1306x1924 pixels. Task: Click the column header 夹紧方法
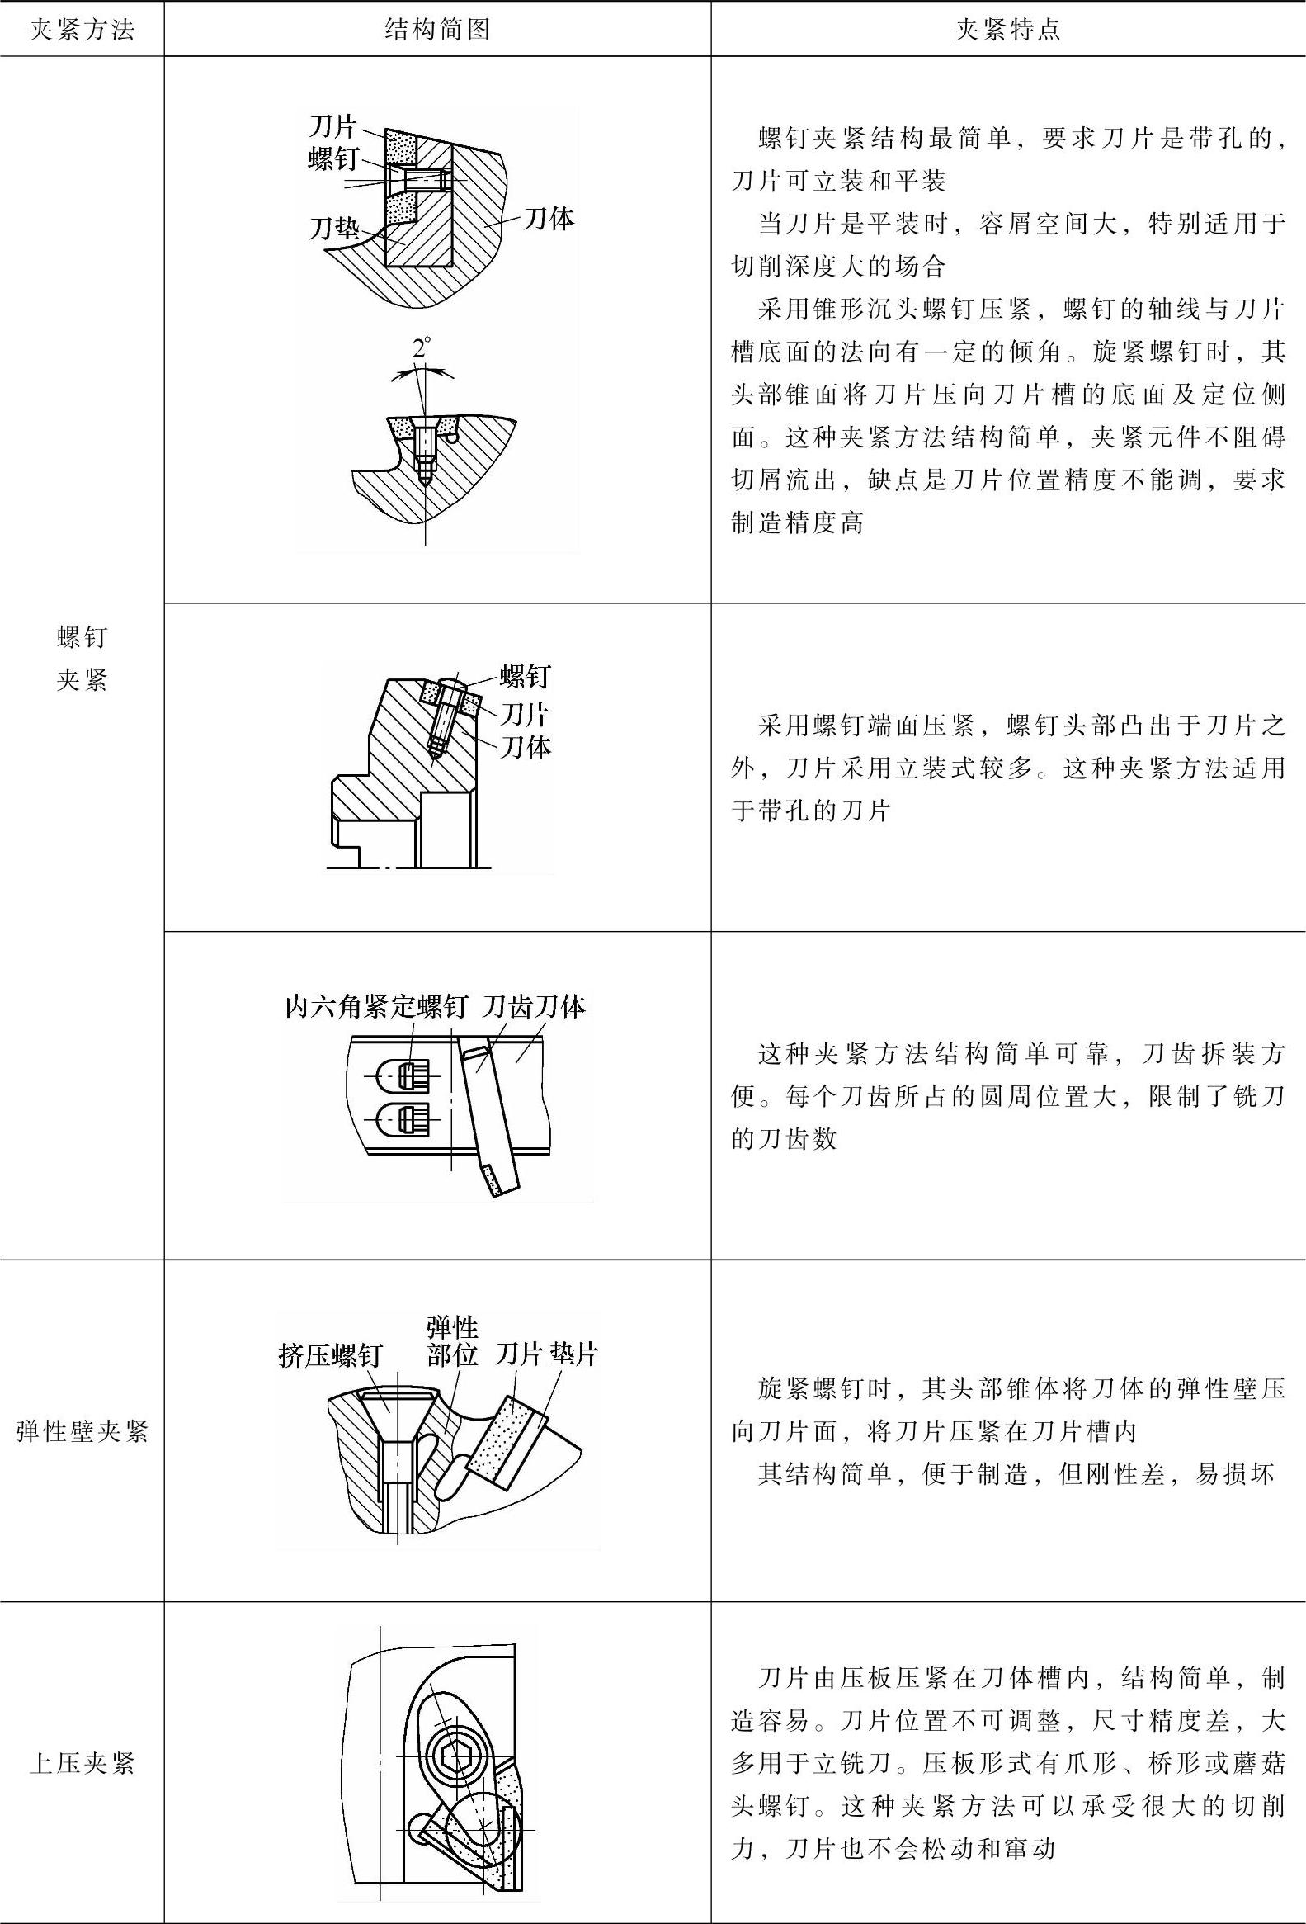click(x=81, y=31)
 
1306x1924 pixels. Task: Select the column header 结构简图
click(x=437, y=31)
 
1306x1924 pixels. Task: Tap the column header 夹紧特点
click(x=1007, y=31)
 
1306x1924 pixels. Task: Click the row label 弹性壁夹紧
click(x=81, y=1430)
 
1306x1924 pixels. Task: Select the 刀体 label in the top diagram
click(x=548, y=219)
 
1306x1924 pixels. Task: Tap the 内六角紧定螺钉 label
click(x=375, y=1007)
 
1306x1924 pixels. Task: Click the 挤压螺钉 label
click(x=329, y=1355)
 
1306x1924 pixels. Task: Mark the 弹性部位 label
click(x=452, y=1340)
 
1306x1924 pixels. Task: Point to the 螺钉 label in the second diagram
click(x=525, y=676)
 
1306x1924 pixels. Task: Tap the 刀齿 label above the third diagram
click(x=507, y=1007)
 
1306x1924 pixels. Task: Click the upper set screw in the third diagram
click(x=412, y=1075)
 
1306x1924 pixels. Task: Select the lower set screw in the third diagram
click(x=412, y=1121)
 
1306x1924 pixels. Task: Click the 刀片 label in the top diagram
click(x=332, y=126)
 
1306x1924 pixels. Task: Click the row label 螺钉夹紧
click(x=81, y=659)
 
